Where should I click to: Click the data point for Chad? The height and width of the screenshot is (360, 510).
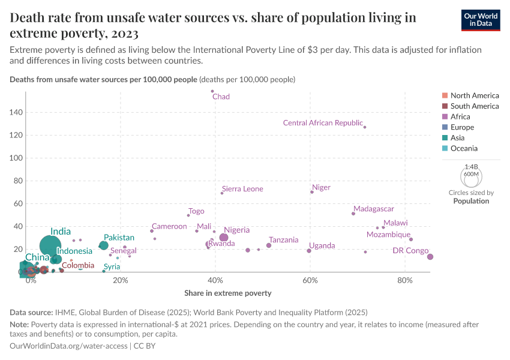pyautogui.click(x=212, y=91)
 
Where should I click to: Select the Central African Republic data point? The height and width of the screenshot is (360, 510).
pyautogui.click(x=365, y=127)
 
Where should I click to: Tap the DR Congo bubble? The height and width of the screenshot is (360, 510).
pyautogui.click(x=430, y=257)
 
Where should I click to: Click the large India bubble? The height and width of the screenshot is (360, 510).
pyautogui.click(x=51, y=245)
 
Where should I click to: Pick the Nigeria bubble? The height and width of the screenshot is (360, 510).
pyautogui.click(x=224, y=238)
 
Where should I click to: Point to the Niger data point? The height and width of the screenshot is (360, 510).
pyautogui.click(x=312, y=192)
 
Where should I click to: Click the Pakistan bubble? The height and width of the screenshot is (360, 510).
pyautogui.click(x=104, y=245)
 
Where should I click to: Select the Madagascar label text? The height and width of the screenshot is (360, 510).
pyautogui.click(x=373, y=209)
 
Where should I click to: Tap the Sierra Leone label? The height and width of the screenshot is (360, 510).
pyautogui.click(x=242, y=189)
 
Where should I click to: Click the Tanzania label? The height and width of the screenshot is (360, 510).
pyautogui.click(x=283, y=240)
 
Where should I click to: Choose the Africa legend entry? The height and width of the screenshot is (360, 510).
pyautogui.click(x=460, y=116)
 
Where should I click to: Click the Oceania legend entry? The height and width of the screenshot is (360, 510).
pyautogui.click(x=464, y=148)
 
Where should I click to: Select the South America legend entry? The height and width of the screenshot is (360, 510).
pyautogui.click(x=474, y=106)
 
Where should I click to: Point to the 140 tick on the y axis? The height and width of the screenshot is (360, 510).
pyautogui.click(x=16, y=112)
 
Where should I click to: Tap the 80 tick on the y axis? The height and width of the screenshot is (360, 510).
pyautogui.click(x=18, y=181)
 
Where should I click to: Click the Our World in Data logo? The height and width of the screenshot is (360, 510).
pyautogui.click(x=481, y=20)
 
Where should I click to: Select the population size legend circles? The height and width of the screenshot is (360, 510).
pyautogui.click(x=471, y=176)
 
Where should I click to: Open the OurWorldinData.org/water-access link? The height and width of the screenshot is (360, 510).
pyautogui.click(x=68, y=346)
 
